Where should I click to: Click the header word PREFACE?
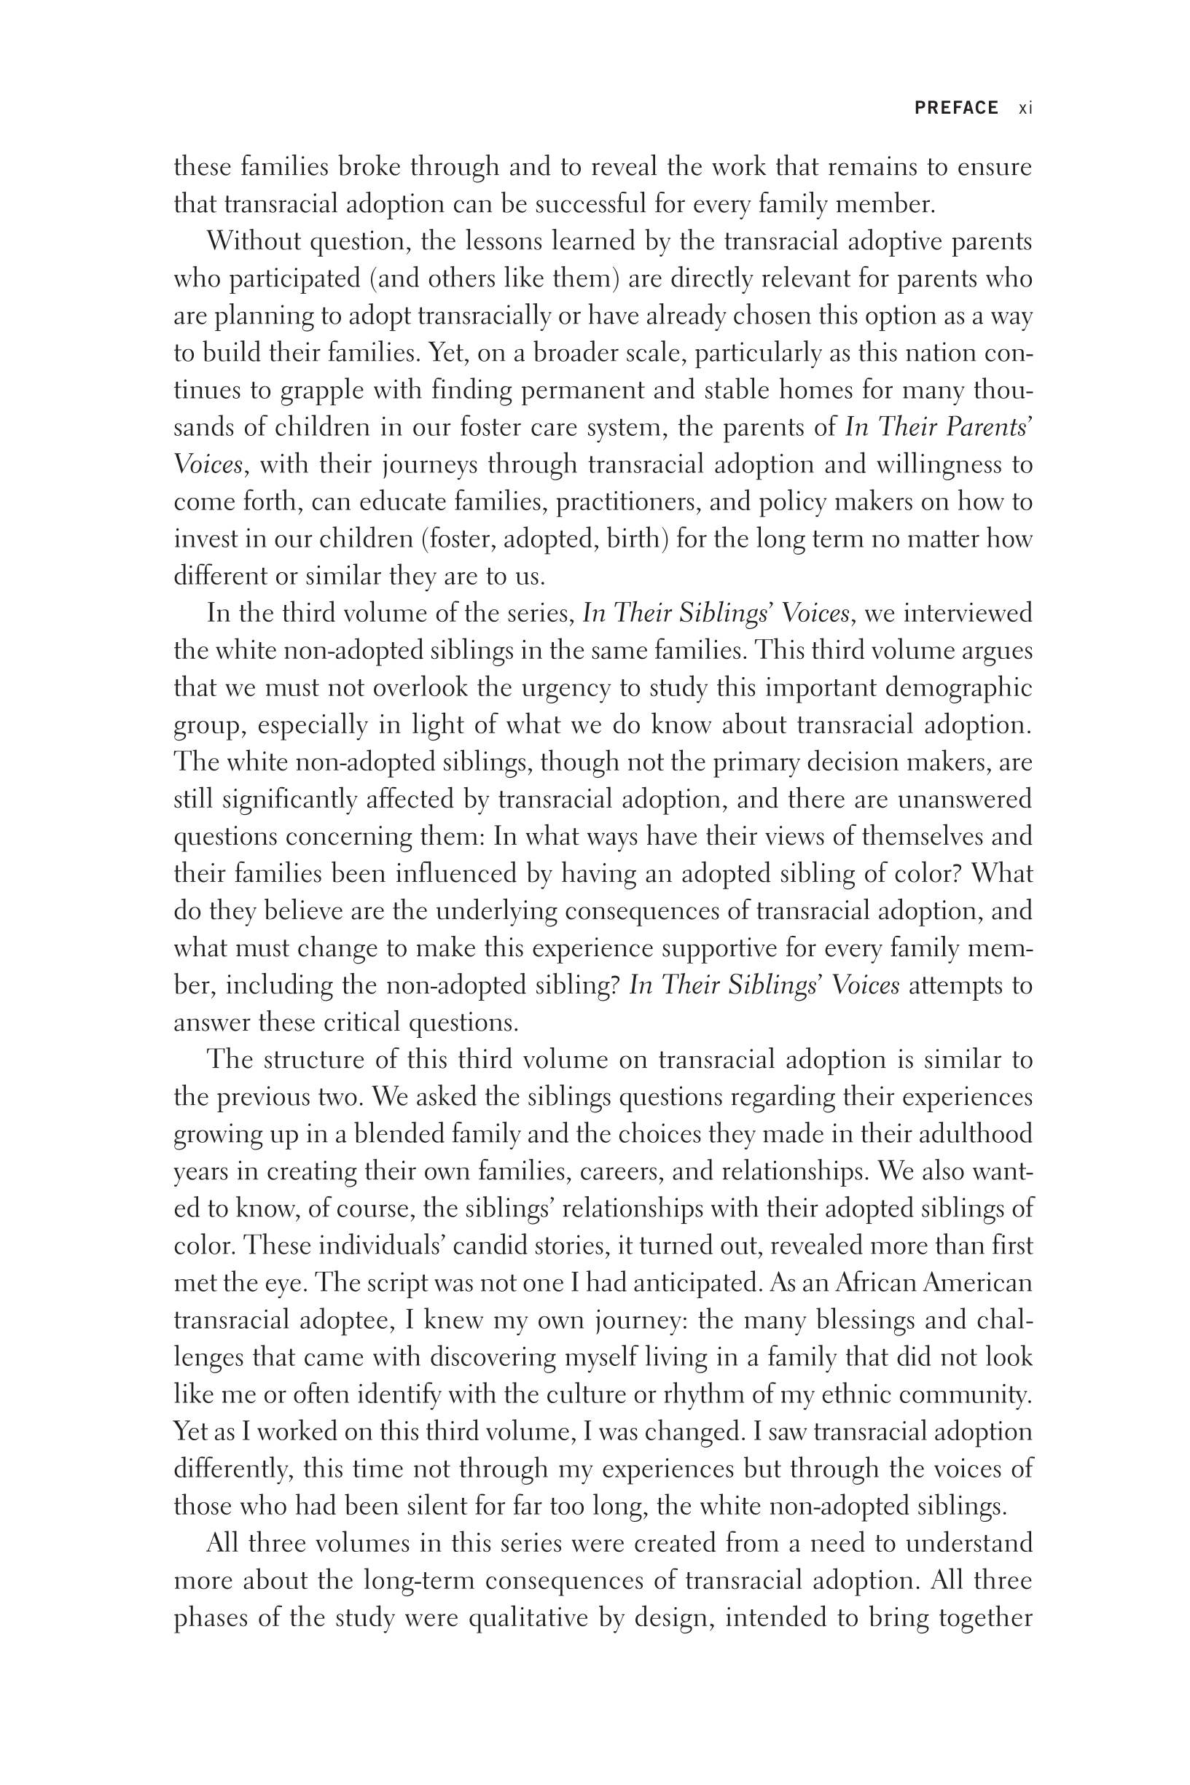[x=955, y=108]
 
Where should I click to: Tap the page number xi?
[x=1025, y=108]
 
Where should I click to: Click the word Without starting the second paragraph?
[x=255, y=241]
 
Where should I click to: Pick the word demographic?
[x=959, y=687]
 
